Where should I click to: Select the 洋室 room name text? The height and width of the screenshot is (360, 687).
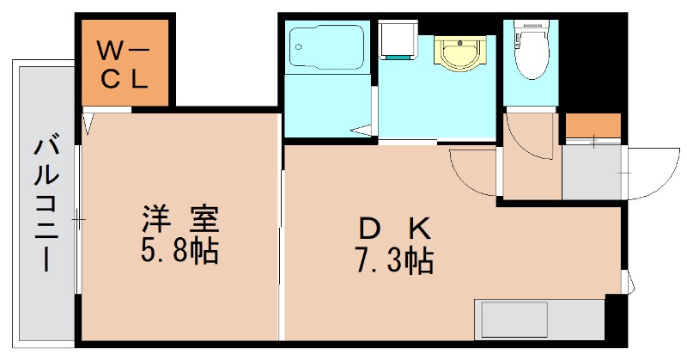tap(179, 218)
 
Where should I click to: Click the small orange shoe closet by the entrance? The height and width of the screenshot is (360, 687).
tap(593, 126)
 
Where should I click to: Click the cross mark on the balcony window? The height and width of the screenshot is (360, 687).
tap(78, 221)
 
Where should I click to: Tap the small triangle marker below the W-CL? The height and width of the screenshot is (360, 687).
tap(88, 124)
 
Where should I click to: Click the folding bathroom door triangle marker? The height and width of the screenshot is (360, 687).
tap(364, 131)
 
